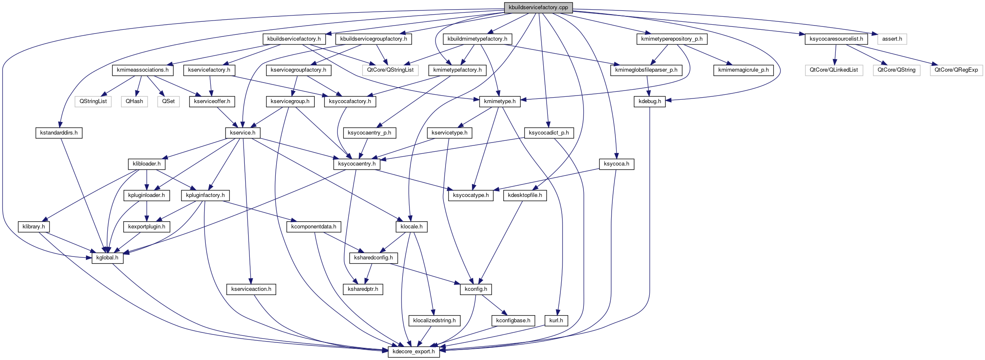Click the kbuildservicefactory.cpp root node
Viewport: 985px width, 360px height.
point(538,8)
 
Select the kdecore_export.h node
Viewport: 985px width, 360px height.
point(414,352)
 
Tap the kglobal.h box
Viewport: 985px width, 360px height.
point(107,258)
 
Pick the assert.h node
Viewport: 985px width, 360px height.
point(892,39)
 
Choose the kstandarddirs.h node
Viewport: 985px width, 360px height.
point(59,133)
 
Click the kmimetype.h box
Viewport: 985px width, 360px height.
point(500,101)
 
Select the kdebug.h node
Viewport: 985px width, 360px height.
point(649,101)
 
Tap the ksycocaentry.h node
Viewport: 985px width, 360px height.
point(357,164)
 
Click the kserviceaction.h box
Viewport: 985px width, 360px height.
point(251,289)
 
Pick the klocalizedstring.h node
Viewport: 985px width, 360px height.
point(434,321)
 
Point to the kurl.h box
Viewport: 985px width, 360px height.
point(556,321)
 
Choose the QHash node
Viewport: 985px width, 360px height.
point(134,101)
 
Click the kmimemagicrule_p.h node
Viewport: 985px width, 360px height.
point(743,70)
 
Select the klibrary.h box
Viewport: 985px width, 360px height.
point(34,227)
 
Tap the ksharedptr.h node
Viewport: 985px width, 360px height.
point(363,289)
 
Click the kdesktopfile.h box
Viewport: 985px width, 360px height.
point(525,195)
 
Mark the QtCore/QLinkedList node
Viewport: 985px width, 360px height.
point(834,70)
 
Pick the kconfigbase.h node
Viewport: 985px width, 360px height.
point(513,321)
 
